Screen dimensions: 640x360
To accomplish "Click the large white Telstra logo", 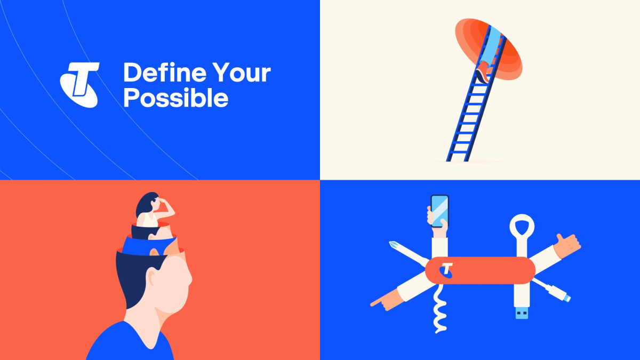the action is click(80, 85).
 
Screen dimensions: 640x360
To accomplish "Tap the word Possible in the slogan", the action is click(175, 97).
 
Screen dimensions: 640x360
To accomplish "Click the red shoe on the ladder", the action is click(483, 73).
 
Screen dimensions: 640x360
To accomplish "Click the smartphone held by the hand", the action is click(439, 211).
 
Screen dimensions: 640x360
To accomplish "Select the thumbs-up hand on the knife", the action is click(566, 246).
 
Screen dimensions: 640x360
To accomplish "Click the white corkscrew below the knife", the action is click(439, 309).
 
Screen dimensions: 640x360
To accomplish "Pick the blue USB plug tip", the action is click(522, 313).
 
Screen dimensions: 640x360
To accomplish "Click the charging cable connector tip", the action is click(567, 299).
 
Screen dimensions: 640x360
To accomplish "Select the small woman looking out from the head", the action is click(155, 210).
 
